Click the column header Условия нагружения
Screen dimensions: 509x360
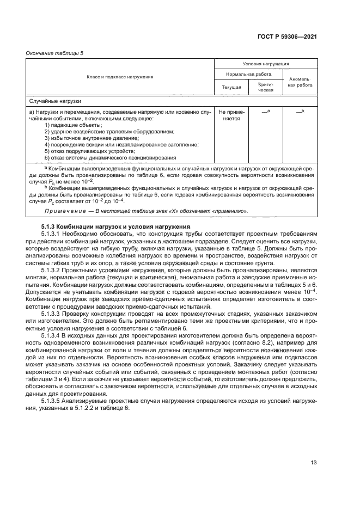pos(265,64)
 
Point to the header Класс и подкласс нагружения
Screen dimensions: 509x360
pos(120,77)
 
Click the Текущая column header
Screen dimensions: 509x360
pos(231,87)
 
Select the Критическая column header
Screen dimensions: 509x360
pos(265,87)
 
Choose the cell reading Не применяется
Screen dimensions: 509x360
pos(231,114)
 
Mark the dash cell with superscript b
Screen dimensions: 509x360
pos(300,111)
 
